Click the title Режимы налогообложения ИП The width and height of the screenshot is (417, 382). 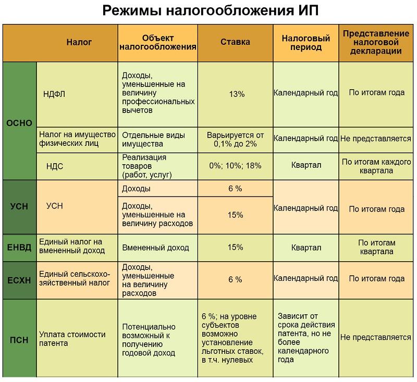[208, 10]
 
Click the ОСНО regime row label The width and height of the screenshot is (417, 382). [20, 124]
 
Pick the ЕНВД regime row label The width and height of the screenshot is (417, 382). [20, 247]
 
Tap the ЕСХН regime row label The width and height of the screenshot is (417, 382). [20, 280]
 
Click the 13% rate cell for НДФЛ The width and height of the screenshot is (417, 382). [236, 94]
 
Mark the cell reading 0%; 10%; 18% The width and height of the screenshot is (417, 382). [235, 166]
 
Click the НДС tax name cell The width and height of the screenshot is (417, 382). [55, 166]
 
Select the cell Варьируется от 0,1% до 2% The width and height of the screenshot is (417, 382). [236, 140]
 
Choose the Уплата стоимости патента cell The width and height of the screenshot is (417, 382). [72, 339]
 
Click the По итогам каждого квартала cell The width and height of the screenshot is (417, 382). [376, 166]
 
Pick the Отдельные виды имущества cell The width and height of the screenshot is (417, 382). [153, 140]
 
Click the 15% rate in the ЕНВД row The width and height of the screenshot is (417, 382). [236, 248]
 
